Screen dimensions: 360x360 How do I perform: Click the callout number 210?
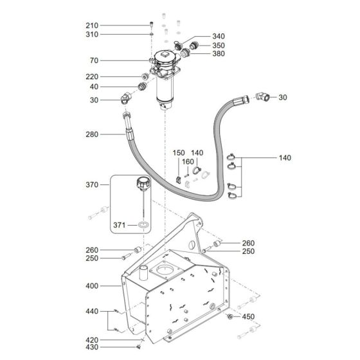click(93, 25)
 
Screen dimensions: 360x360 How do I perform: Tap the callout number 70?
click(94, 61)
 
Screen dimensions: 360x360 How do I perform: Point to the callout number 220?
click(93, 76)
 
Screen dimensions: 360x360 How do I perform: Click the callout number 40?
click(94, 87)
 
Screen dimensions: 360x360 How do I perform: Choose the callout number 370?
click(93, 184)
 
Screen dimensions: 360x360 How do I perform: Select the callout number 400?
click(93, 284)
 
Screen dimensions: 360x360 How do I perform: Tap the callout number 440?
click(93, 312)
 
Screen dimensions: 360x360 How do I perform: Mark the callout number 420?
click(93, 339)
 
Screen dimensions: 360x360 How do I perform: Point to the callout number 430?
click(93, 347)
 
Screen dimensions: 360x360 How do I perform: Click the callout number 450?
click(249, 317)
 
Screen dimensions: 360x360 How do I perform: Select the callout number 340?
click(219, 36)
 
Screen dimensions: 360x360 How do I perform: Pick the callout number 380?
click(219, 54)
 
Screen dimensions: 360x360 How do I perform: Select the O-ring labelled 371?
click(141, 226)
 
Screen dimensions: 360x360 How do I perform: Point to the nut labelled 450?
click(230, 316)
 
